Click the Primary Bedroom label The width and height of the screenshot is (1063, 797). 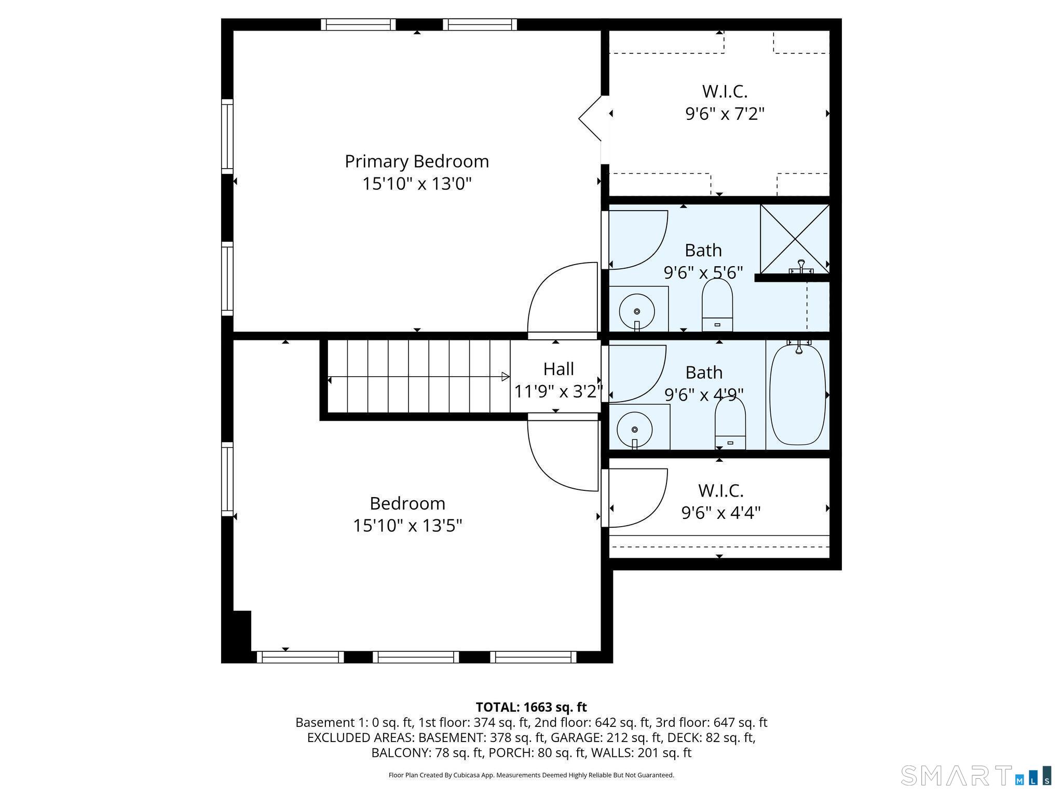(x=417, y=162)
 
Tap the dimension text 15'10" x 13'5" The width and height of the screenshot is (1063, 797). (x=407, y=526)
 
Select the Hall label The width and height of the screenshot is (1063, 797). (x=558, y=369)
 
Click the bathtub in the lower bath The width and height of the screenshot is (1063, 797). (x=798, y=395)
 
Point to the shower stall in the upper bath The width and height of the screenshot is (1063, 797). (x=795, y=239)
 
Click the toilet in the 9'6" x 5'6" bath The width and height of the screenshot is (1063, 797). (x=717, y=305)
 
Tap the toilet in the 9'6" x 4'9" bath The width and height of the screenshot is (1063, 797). (x=730, y=423)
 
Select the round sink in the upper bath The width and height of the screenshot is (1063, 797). (x=637, y=311)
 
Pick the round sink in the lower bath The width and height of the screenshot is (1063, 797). (x=635, y=430)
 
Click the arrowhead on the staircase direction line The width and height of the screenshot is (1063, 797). (x=506, y=377)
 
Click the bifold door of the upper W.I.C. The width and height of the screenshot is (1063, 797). (x=590, y=118)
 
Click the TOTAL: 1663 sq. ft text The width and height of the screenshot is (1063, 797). (x=531, y=707)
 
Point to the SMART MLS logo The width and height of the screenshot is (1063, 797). (x=976, y=776)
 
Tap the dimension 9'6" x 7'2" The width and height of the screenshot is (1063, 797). (x=725, y=114)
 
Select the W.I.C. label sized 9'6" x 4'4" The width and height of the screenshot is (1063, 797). (x=721, y=490)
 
